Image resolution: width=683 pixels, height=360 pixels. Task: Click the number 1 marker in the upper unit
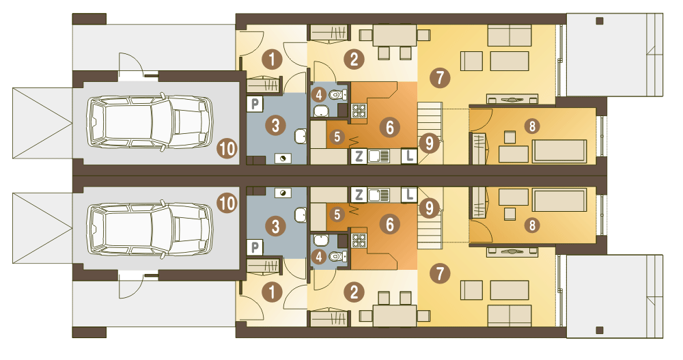273,59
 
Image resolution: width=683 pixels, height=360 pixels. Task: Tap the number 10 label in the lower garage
227,204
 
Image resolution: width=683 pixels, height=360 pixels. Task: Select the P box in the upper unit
255,104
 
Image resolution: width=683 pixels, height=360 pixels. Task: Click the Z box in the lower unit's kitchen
359,195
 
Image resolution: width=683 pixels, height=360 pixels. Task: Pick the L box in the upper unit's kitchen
409,156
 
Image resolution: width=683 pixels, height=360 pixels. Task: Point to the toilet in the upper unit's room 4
337,94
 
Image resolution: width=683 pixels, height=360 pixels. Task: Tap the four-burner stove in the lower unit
359,240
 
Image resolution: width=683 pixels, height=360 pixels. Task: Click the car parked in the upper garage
150,122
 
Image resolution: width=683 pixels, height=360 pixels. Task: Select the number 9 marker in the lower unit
430,208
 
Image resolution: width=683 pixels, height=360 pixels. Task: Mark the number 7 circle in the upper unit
440,78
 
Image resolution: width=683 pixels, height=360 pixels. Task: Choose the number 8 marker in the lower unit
532,225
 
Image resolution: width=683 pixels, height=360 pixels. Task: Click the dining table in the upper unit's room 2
395,35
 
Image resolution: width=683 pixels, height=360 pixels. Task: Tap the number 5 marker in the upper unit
337,137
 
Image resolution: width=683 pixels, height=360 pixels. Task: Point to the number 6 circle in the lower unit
389,225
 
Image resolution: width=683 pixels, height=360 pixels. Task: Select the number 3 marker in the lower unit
275,227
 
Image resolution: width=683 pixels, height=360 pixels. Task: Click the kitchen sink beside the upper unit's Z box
379,156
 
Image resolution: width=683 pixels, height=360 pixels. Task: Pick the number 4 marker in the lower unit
319,257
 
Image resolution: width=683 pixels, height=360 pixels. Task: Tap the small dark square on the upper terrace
600,21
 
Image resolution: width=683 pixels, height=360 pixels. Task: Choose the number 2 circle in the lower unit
354,292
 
